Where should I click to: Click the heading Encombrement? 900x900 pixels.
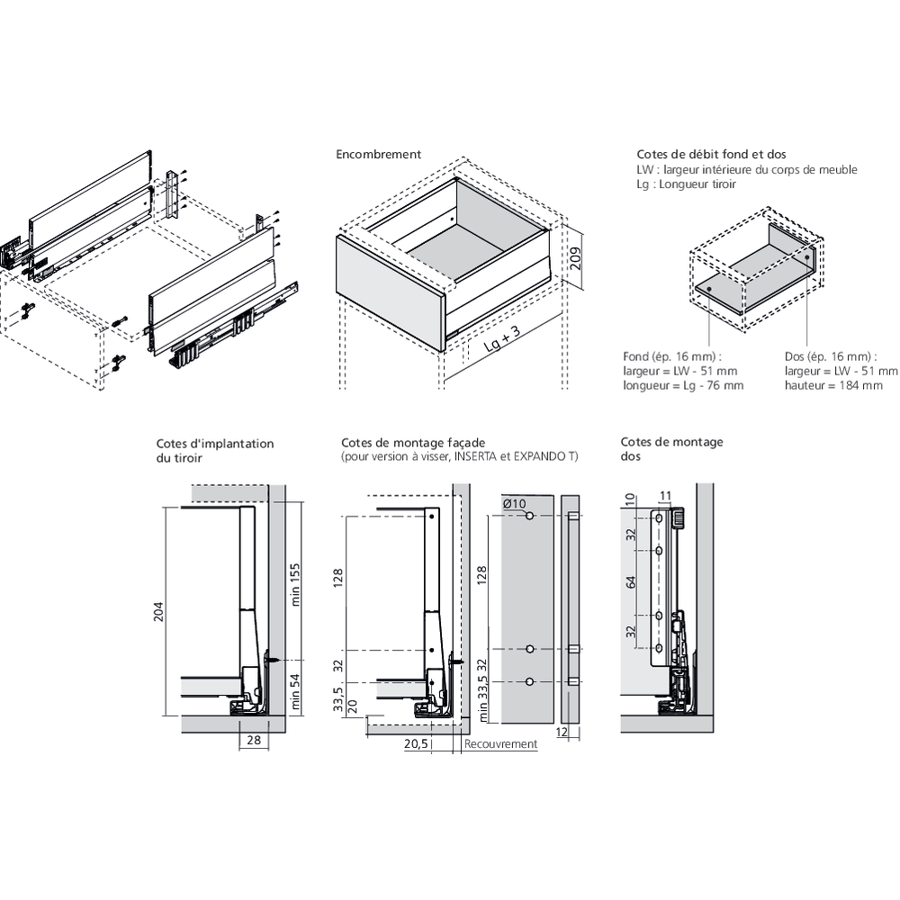coord(378,155)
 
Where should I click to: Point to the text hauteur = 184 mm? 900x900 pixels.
coord(833,385)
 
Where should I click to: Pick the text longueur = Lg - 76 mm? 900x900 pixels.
coord(683,385)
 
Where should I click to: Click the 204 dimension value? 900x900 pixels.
coord(157,612)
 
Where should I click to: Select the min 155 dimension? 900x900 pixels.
coord(293,585)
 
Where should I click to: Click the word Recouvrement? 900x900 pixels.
coord(501,744)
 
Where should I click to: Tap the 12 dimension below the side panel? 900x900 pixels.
coord(562,733)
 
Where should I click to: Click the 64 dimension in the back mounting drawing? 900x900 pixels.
coord(631,583)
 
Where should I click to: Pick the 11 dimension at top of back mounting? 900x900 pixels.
coord(665,495)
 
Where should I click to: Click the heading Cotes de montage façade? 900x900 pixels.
coord(413,443)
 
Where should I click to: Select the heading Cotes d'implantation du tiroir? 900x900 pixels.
coord(214,451)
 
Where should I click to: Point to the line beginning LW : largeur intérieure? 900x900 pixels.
coord(746,169)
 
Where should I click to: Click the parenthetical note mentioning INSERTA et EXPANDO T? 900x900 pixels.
coord(459,457)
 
